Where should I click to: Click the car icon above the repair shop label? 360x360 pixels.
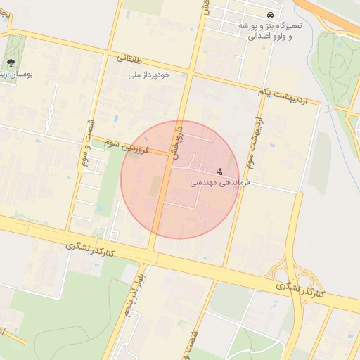point(270,15)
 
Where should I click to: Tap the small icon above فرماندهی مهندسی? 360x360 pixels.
point(219,171)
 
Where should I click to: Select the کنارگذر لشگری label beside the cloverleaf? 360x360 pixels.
point(299,290)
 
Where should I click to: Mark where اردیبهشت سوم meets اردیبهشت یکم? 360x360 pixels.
point(262,96)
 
